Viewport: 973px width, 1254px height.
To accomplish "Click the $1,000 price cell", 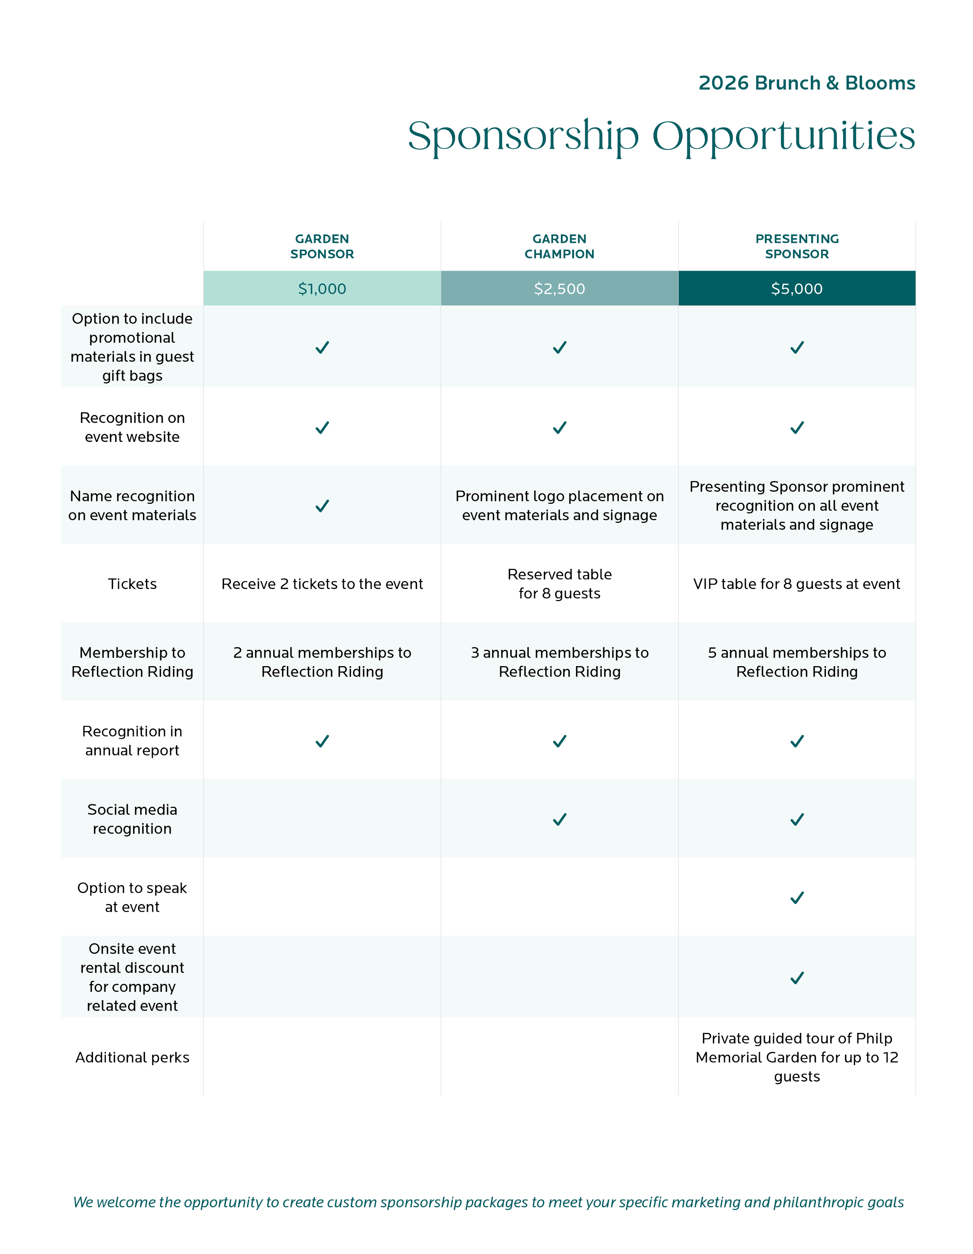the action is coord(322,288).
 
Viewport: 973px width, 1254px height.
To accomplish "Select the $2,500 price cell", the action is coord(559,288).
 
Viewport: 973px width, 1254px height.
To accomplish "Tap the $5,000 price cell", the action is coord(797,288).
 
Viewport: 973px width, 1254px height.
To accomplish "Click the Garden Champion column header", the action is coord(559,246).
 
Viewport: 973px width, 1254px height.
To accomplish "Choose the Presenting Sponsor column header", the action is coord(797,246).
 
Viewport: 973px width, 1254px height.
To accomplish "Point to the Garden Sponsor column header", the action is coord(322,246).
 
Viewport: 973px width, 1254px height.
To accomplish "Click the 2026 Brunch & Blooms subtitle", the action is coord(806,83).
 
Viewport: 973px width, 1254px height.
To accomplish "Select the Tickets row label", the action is coord(132,584).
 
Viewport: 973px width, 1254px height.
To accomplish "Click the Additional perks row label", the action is coord(132,1058).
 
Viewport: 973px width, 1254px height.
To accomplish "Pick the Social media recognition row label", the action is coord(132,819).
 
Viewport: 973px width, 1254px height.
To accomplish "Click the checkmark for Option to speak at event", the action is coord(797,897).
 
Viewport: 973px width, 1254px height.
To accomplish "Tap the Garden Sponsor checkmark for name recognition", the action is coord(322,506).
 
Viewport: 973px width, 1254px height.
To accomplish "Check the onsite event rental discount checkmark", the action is coord(797,978).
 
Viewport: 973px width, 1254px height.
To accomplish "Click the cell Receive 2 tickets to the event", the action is coord(322,584).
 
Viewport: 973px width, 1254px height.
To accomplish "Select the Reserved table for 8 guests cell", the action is coord(559,584).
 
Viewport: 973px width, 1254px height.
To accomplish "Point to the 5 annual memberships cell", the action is coord(797,662).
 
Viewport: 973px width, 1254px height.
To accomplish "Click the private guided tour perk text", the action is coord(797,1058).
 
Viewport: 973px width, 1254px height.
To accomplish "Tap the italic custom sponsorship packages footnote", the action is coord(488,1202).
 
